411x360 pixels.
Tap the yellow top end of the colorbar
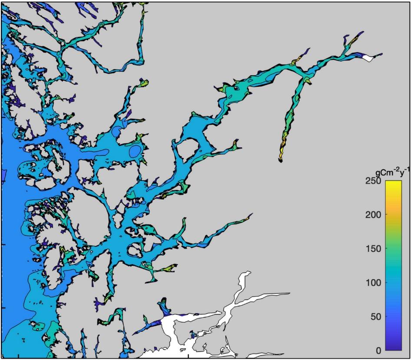coord(393,183)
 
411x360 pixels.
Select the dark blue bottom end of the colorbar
coord(393,347)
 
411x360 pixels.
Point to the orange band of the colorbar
coord(393,213)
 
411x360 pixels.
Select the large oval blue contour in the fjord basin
coord(136,151)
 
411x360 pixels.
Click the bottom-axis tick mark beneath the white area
coord(188,356)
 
